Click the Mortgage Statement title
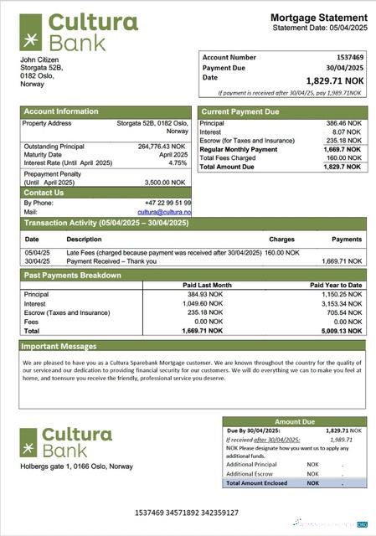(x=318, y=18)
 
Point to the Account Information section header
(x=61, y=111)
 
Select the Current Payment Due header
(x=240, y=111)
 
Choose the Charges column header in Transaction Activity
(x=281, y=239)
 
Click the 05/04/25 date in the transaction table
(x=37, y=252)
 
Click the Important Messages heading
(x=59, y=345)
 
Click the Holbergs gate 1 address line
(x=75, y=466)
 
